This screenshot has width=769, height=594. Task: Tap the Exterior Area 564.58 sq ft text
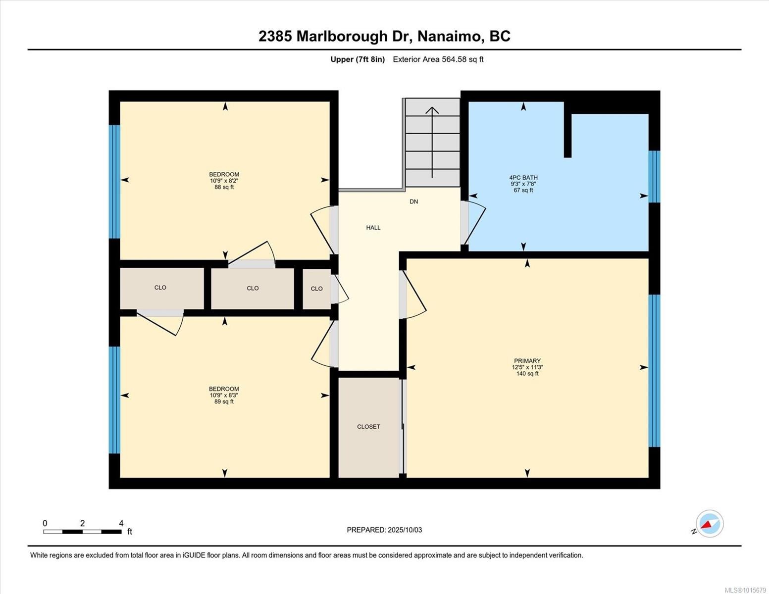[438, 59]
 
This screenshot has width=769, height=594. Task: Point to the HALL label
[373, 228]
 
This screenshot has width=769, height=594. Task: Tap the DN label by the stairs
[413, 201]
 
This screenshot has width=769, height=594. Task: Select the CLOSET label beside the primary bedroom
[368, 427]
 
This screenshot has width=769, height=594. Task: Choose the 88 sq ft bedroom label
[224, 181]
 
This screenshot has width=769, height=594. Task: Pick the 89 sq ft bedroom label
[224, 395]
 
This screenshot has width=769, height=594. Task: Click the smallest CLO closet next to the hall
[316, 289]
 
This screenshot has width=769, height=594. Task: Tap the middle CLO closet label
[253, 288]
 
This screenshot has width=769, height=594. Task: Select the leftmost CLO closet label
[160, 288]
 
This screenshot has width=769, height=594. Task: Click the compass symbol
[709, 524]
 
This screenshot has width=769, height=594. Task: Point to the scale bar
[82, 532]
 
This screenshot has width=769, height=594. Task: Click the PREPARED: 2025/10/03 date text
[384, 530]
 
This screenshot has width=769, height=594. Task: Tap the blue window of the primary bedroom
[654, 371]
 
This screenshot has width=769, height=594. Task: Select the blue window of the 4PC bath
[654, 176]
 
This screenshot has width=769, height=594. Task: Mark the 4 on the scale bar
[121, 523]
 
